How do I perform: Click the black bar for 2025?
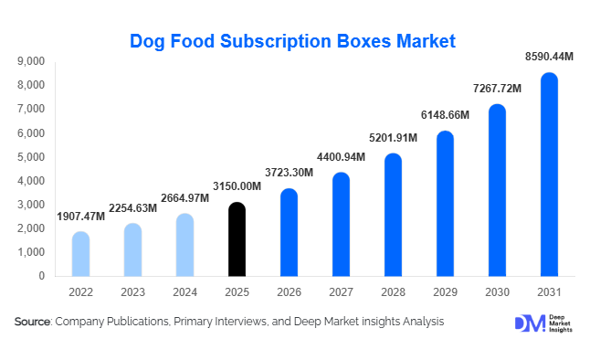(237, 239)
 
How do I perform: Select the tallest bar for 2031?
(549, 175)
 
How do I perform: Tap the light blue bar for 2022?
(80, 254)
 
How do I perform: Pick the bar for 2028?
(393, 215)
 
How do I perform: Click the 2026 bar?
(289, 233)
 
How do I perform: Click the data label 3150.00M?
(236, 186)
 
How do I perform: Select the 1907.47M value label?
(80, 217)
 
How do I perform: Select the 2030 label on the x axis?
(497, 292)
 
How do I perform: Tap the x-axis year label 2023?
(132, 292)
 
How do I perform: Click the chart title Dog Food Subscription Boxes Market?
(292, 41)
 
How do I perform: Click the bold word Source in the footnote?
(33, 322)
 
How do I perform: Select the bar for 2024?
(184, 245)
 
